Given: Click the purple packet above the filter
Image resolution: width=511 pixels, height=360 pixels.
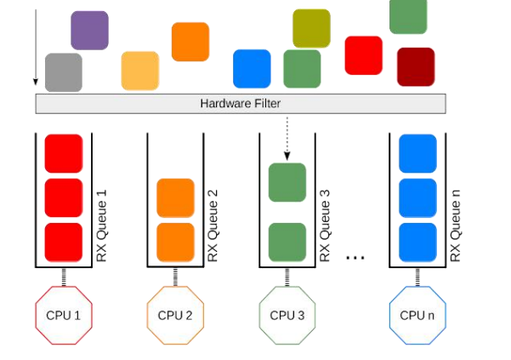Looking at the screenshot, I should (89, 30).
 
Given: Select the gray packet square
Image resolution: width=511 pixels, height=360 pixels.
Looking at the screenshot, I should (63, 71).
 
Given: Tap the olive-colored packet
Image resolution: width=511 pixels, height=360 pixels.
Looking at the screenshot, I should (311, 28).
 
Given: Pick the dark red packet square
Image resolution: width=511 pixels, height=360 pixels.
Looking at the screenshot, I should (416, 66).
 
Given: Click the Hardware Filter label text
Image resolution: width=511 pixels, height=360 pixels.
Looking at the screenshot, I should (241, 104).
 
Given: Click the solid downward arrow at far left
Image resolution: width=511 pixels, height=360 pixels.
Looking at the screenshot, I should (36, 47).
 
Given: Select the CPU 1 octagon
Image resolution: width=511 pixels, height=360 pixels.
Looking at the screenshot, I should (63, 315).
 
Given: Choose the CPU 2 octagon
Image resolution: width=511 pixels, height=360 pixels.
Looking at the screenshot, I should (175, 315).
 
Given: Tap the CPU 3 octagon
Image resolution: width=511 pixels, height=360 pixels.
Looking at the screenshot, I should (287, 315).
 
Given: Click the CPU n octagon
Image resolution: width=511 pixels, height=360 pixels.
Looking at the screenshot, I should (417, 315).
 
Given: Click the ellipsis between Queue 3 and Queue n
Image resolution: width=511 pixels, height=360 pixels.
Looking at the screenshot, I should (355, 256).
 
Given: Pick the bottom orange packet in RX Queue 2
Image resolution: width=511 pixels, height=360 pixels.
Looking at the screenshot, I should (175, 242).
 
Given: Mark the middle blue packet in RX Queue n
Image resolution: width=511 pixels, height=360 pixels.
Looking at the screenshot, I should (417, 197).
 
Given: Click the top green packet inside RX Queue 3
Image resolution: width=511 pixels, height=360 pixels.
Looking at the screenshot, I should (287, 182).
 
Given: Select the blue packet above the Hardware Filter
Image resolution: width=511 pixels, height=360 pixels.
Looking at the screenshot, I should (252, 68).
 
